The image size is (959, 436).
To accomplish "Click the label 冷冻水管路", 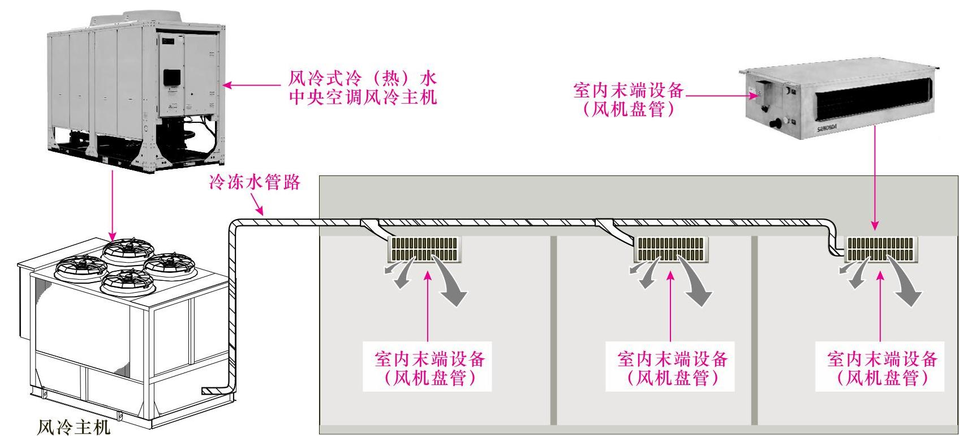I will click(x=254, y=183).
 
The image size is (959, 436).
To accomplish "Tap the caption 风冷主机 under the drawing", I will click(x=73, y=426).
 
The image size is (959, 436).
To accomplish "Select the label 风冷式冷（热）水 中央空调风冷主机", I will click(x=363, y=87).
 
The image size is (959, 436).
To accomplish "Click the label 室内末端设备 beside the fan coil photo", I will click(x=628, y=100).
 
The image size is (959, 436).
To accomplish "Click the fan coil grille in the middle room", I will click(x=672, y=249).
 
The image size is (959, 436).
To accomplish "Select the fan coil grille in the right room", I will click(x=881, y=249).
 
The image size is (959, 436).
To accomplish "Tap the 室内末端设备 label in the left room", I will click(x=430, y=367).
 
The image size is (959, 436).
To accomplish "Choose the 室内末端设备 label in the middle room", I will click(x=672, y=367).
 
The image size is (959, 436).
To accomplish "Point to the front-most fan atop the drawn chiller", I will click(x=126, y=281).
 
